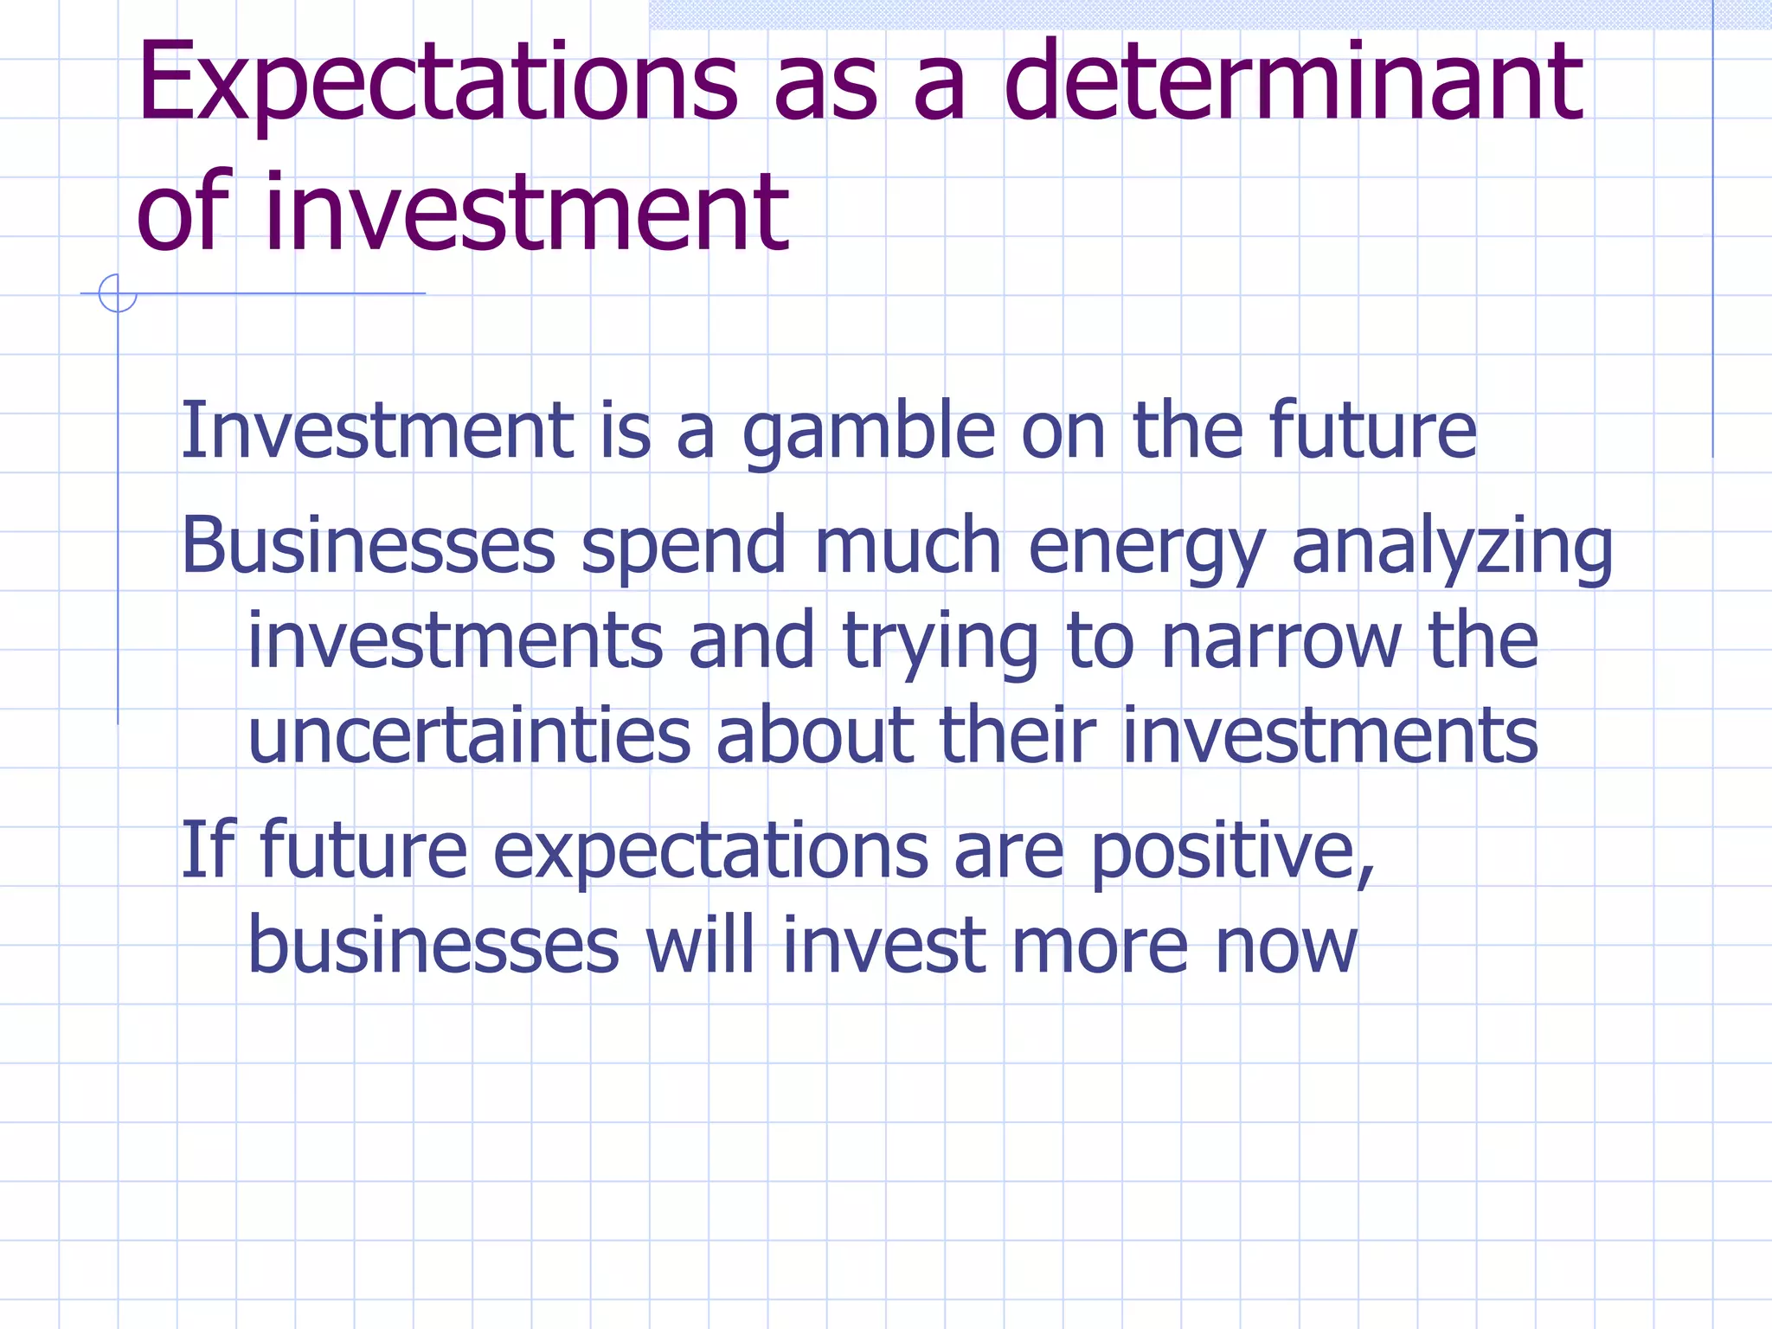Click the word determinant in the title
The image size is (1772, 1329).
[1293, 81]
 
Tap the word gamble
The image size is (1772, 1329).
[869, 432]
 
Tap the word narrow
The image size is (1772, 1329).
[1280, 643]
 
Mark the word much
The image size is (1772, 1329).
[907, 547]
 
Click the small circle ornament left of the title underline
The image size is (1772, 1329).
[118, 293]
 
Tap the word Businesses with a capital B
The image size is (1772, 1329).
[368, 547]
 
